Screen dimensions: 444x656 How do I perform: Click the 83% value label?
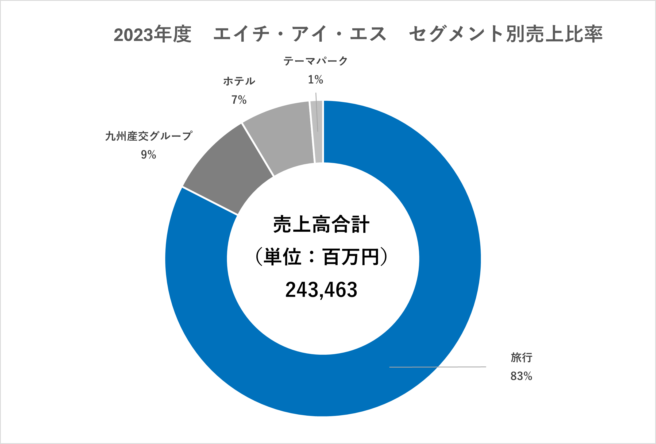click(x=521, y=376)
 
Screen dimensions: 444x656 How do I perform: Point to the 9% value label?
click(x=148, y=155)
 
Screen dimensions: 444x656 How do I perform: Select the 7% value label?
click(x=239, y=100)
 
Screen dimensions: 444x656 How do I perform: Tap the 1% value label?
click(x=315, y=80)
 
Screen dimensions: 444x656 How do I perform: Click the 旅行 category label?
click(x=521, y=358)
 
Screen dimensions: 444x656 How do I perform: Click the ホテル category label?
click(x=239, y=81)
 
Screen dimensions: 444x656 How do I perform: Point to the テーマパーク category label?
click(x=315, y=61)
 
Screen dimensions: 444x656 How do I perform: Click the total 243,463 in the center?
click(x=321, y=290)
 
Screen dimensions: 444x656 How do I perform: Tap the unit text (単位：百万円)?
click(x=321, y=257)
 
